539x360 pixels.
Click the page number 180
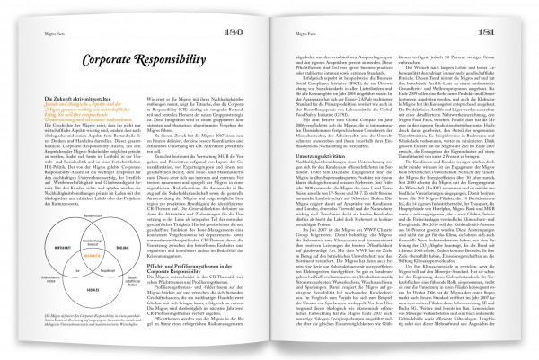[x=254, y=34]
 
